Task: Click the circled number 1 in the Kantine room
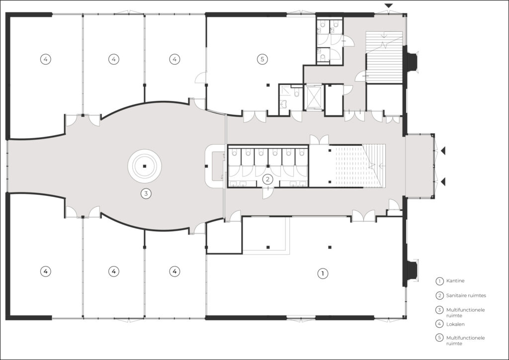click(x=322, y=273)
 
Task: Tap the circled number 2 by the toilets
click(x=267, y=179)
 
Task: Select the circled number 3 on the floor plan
click(x=146, y=194)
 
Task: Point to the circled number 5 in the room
click(x=262, y=59)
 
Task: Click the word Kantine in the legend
click(x=455, y=281)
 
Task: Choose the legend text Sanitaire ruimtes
click(x=466, y=295)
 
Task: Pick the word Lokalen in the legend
click(x=455, y=324)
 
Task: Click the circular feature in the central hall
click(x=145, y=166)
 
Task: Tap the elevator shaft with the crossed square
click(x=314, y=97)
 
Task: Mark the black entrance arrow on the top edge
click(x=389, y=6)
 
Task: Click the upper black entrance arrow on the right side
click(x=443, y=151)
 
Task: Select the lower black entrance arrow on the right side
click(x=443, y=182)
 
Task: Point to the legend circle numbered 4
click(x=439, y=324)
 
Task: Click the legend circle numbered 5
click(x=439, y=338)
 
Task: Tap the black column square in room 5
click(x=268, y=85)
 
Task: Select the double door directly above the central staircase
click(x=319, y=140)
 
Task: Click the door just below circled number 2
click(x=267, y=193)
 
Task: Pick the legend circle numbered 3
click(x=439, y=310)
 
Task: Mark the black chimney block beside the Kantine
click(x=412, y=270)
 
